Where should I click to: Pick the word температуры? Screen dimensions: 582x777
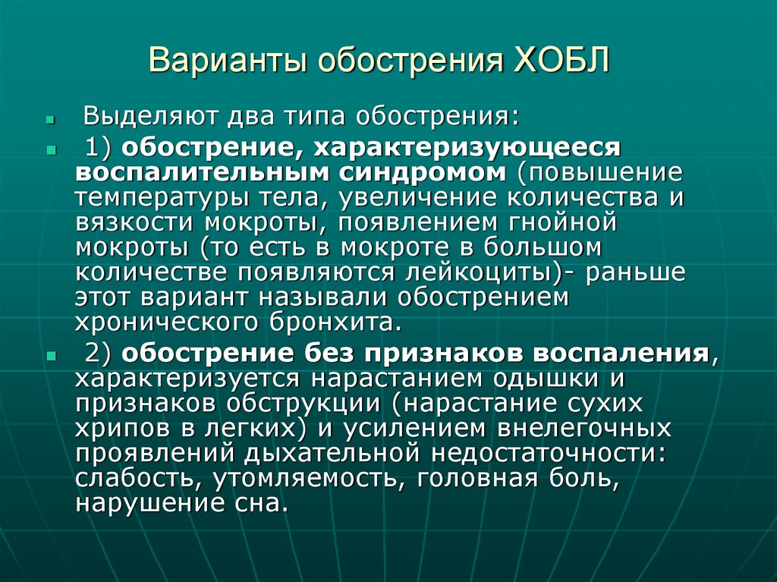(x=150, y=198)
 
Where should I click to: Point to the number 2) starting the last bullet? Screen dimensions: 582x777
(x=96, y=353)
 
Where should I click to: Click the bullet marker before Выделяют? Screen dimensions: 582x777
(x=50, y=120)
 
